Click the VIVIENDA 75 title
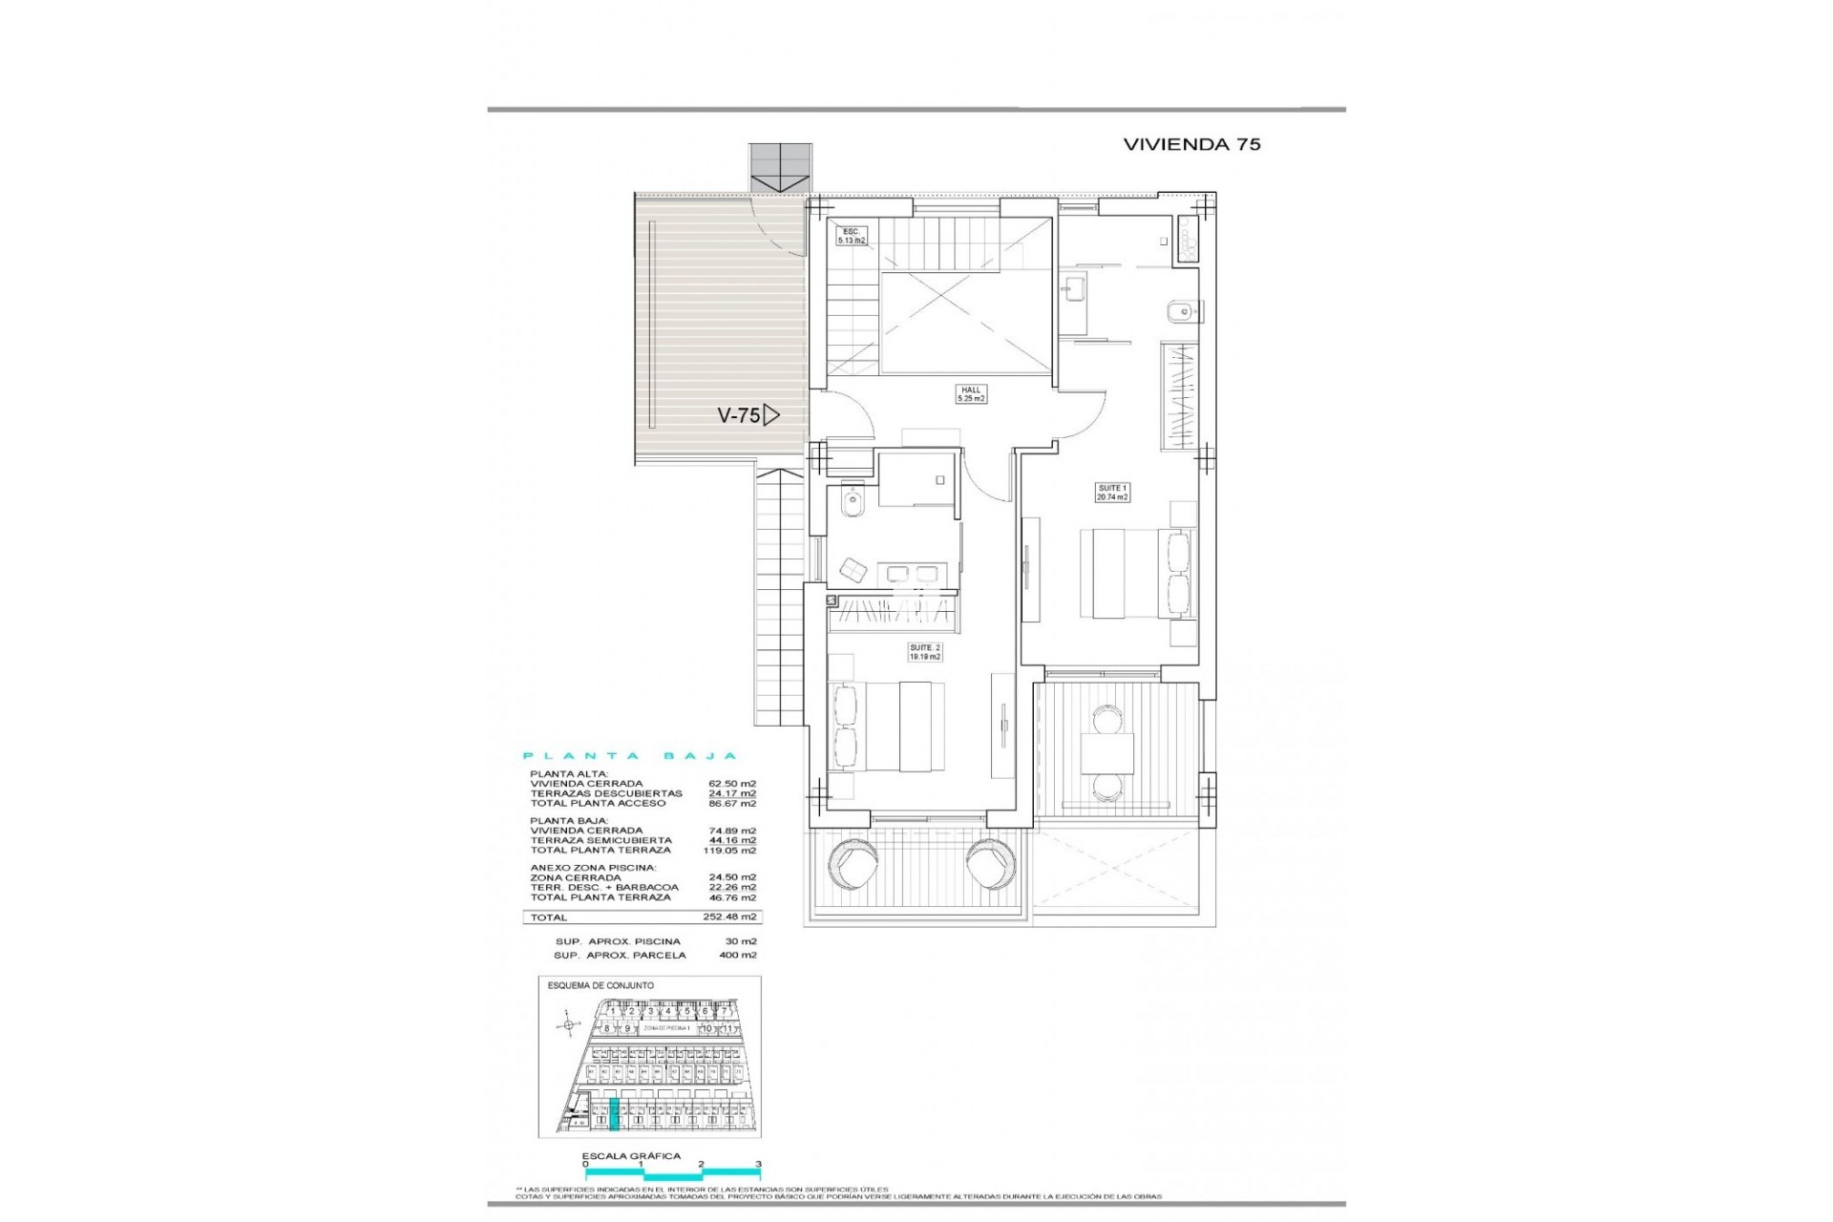click(1191, 144)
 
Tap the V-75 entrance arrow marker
click(771, 415)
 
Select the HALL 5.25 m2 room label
click(971, 394)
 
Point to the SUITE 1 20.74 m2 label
click(1112, 493)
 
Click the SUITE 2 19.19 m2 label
click(924, 652)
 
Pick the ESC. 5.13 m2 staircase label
click(851, 236)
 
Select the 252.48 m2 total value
click(736, 916)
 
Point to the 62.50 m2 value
click(739, 784)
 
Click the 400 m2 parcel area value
click(738, 955)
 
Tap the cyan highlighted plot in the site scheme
click(614, 1113)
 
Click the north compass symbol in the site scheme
click(569, 1025)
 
